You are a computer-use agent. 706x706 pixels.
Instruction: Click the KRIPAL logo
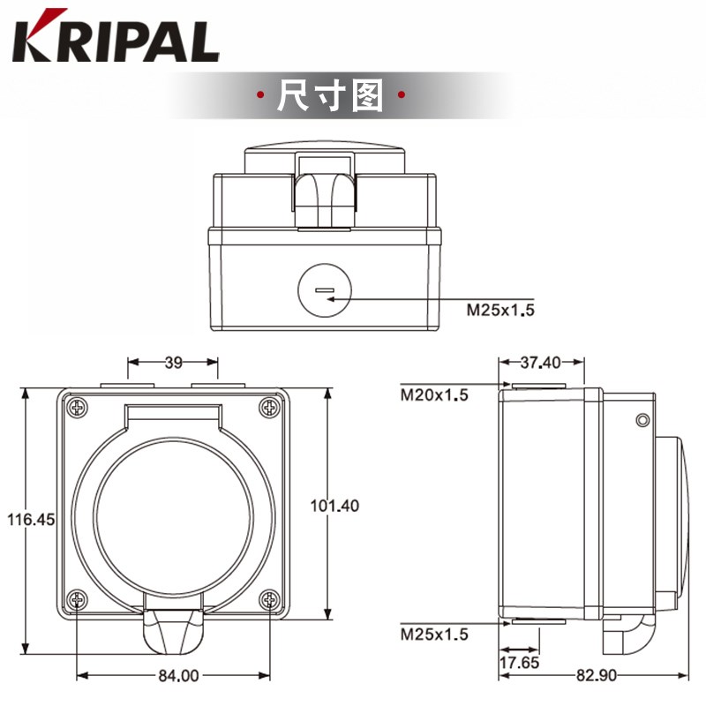click(x=116, y=37)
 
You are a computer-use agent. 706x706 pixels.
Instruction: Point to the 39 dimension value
click(x=174, y=361)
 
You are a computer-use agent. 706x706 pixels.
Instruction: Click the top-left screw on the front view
click(x=79, y=408)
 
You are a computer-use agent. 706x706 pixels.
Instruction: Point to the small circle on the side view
click(x=642, y=420)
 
